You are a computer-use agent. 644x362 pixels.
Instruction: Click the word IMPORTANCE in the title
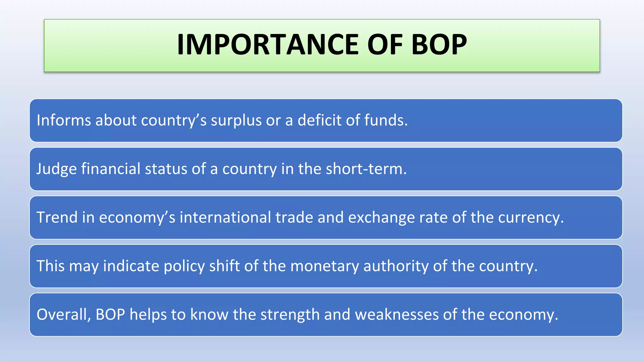tap(267, 45)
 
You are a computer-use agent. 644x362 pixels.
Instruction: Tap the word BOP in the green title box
tap(439, 45)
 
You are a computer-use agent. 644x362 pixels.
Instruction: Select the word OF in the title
tap(385, 45)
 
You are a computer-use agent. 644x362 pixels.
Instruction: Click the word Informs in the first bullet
tap(64, 120)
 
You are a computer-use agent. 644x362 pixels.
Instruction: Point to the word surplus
tap(236, 120)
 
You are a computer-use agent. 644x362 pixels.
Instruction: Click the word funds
tap(386, 120)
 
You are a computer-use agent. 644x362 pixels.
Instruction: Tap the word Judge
tap(57, 169)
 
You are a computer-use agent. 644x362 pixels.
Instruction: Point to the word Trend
tap(57, 217)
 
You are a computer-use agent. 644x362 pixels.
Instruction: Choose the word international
tap(225, 217)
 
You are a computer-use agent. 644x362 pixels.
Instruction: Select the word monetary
tap(325, 266)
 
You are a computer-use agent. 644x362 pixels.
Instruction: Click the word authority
tap(396, 266)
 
